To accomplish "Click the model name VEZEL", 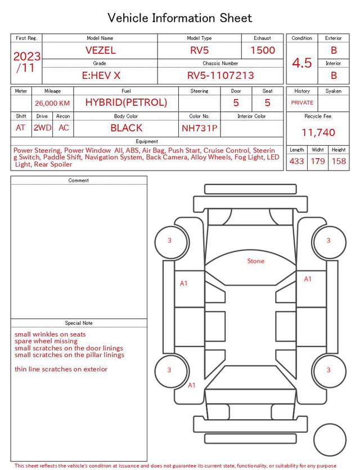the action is [x=100, y=50].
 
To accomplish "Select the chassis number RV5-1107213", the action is [x=220, y=75].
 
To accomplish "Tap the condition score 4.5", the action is [x=302, y=63].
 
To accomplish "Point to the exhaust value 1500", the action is [x=263, y=50].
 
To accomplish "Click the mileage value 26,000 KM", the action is [x=52, y=104].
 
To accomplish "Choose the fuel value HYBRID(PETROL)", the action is [x=126, y=102].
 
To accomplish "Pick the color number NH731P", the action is [x=200, y=128].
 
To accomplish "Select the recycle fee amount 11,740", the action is [x=318, y=132].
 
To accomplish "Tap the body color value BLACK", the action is [x=126, y=128].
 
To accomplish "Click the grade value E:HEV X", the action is [x=101, y=75].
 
